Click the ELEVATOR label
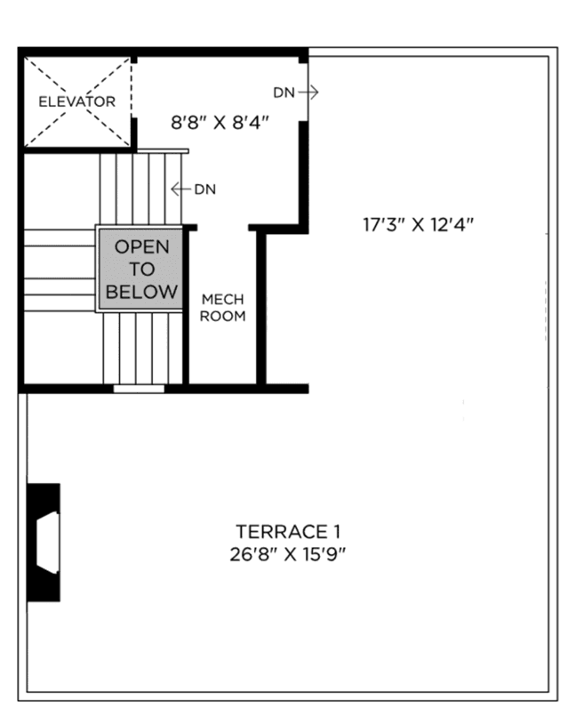click(x=76, y=101)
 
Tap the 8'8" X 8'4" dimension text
click(x=220, y=119)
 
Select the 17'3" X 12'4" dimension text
click(x=418, y=224)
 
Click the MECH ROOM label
click(x=222, y=308)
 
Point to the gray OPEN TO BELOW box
click(x=141, y=269)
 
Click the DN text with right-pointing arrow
click(x=284, y=92)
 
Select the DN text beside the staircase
click(x=204, y=189)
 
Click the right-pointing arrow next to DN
click(x=308, y=92)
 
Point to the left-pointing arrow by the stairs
click(x=180, y=189)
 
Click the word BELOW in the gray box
click(x=141, y=292)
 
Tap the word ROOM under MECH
click(x=222, y=316)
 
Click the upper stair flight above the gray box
click(x=140, y=189)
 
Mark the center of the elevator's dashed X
click(x=76, y=101)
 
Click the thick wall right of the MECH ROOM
click(x=261, y=307)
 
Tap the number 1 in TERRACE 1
click(x=336, y=532)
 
